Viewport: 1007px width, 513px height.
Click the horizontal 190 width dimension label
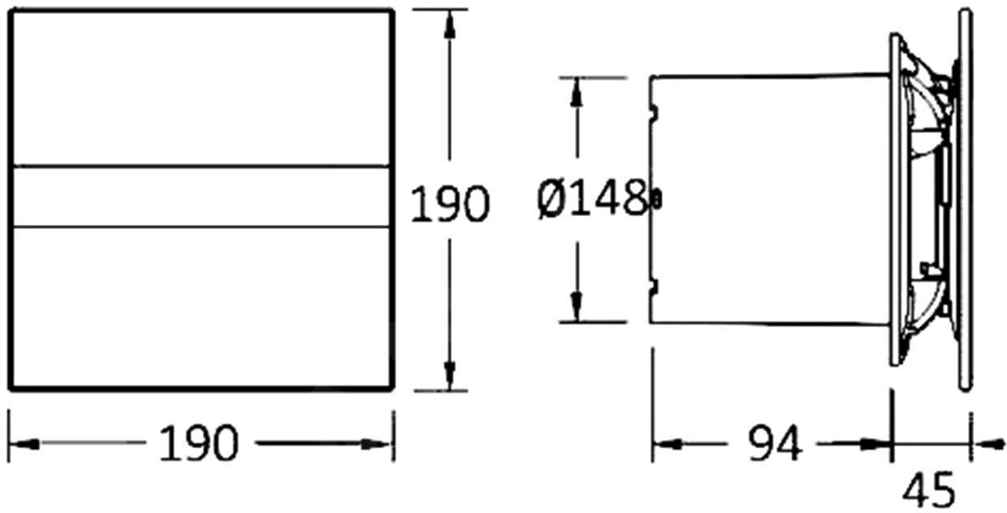[199, 443]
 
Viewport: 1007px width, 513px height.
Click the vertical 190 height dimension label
[450, 204]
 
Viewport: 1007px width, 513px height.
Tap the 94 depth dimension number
[775, 443]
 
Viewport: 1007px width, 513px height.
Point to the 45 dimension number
[929, 489]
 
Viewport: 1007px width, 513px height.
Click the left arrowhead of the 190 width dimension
[24, 444]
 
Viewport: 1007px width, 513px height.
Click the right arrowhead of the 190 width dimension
[376, 444]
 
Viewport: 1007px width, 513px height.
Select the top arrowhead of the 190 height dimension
[450, 25]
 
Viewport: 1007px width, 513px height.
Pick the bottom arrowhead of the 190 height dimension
[450, 376]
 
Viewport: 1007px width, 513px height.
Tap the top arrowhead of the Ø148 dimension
[577, 93]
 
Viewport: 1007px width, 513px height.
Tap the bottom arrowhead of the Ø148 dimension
[577, 306]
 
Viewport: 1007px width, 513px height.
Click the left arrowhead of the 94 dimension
[668, 444]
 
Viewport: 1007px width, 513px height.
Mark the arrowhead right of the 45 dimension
[989, 444]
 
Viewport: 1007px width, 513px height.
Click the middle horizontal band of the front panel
[201, 196]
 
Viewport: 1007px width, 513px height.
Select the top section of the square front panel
[201, 88]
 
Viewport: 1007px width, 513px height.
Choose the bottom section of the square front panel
[201, 308]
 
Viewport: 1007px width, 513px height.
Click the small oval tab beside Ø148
[657, 199]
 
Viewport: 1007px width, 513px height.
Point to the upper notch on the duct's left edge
[654, 112]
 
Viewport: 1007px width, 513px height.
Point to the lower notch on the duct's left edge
[654, 287]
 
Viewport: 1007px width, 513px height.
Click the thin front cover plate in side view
[965, 200]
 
